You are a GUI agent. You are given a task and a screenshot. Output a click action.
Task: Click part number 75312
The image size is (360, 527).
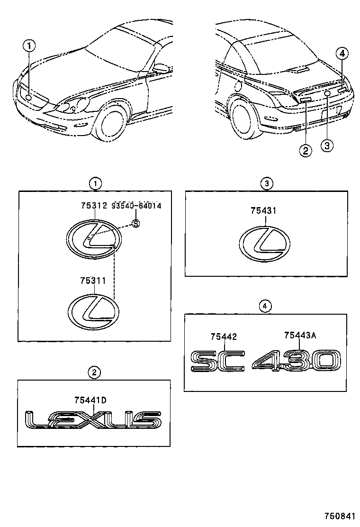point(93,206)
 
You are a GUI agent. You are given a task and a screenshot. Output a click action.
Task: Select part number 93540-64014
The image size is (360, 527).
point(136,206)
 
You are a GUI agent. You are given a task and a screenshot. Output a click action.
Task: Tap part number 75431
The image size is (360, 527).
point(263,210)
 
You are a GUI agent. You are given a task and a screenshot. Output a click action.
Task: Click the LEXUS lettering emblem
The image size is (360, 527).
point(92,420)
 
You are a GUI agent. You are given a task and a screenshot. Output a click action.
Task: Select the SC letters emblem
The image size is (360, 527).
point(217,361)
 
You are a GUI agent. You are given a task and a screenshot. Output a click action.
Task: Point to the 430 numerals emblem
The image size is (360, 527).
point(296,360)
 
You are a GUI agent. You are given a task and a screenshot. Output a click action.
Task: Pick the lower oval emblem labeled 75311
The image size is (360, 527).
point(94,311)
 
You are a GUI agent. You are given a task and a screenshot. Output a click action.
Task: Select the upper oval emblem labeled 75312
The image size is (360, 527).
point(94,240)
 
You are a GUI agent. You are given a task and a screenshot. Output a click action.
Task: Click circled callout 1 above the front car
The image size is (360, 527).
point(29,46)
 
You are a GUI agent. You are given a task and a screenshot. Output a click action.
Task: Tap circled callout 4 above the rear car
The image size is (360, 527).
point(342,53)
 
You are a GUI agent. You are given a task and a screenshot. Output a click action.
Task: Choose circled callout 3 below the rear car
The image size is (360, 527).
point(327,145)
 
